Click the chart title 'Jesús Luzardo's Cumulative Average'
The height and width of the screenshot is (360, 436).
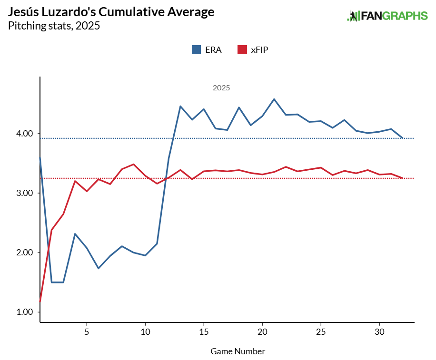pos(111,12)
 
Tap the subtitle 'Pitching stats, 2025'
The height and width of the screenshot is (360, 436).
pos(54,26)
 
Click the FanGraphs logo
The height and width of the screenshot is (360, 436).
pos(387,16)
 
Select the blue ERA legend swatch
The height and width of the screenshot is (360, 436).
pos(196,49)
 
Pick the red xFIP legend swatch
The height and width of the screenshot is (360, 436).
pos(242,49)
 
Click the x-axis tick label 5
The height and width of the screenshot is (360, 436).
pos(87,331)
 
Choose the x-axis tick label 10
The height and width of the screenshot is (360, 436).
pos(145,331)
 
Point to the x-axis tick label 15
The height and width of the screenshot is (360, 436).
pos(204,331)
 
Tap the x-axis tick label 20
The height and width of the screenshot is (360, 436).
pos(262,331)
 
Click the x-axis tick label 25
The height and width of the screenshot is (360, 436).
pos(321,331)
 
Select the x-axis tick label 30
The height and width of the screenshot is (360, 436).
pos(379,331)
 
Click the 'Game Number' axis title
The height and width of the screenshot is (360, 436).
pos(238,351)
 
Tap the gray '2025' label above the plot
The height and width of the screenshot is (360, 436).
pos(221,88)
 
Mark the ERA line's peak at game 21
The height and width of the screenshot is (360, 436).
pos(274,99)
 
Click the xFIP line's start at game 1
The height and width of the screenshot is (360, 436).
pos(40,301)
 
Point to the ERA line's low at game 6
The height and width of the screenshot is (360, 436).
pos(99,268)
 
